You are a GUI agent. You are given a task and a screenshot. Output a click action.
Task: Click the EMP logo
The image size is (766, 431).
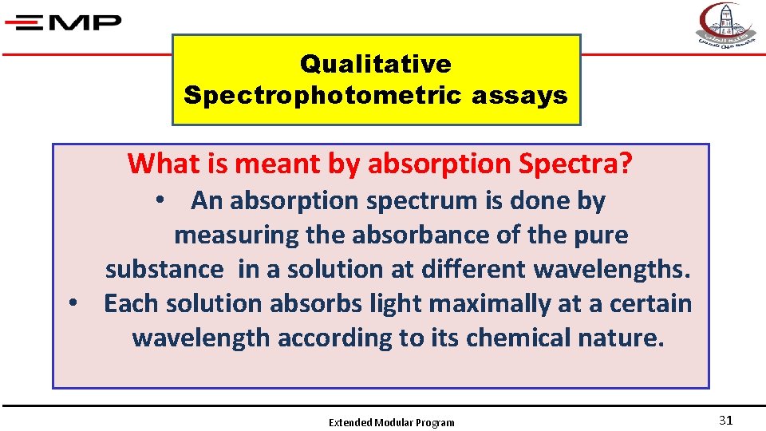pyautogui.click(x=63, y=22)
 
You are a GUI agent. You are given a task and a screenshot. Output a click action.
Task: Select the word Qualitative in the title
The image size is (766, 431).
pyautogui.click(x=376, y=64)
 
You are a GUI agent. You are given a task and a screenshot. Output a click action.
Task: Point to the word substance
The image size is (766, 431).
pyautogui.click(x=164, y=270)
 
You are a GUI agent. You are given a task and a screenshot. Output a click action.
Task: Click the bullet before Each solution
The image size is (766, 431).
pyautogui.click(x=73, y=304)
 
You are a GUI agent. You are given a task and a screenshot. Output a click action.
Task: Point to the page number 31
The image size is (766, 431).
pyautogui.click(x=725, y=421)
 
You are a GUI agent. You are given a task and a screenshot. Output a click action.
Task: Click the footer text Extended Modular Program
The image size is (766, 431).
pyautogui.click(x=392, y=422)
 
